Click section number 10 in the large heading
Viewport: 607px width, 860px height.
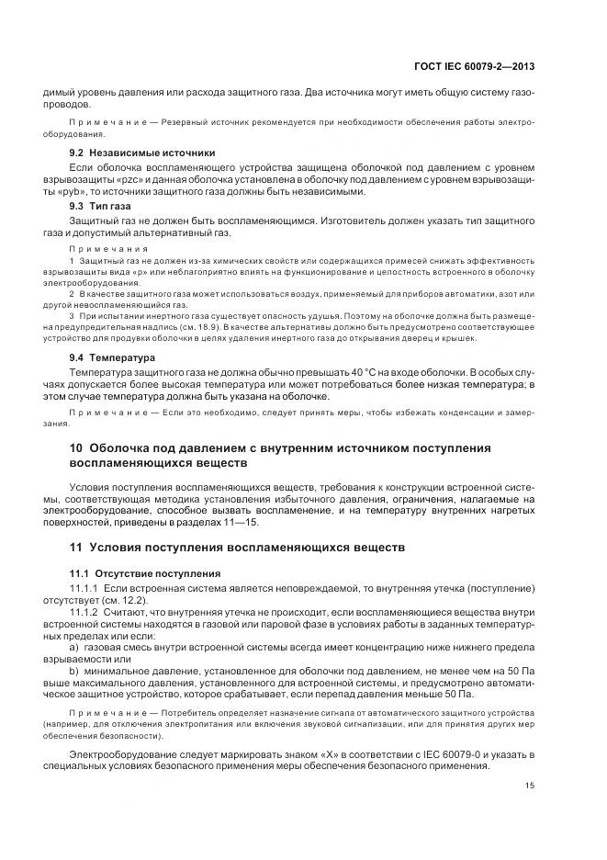pyautogui.click(x=77, y=447)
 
